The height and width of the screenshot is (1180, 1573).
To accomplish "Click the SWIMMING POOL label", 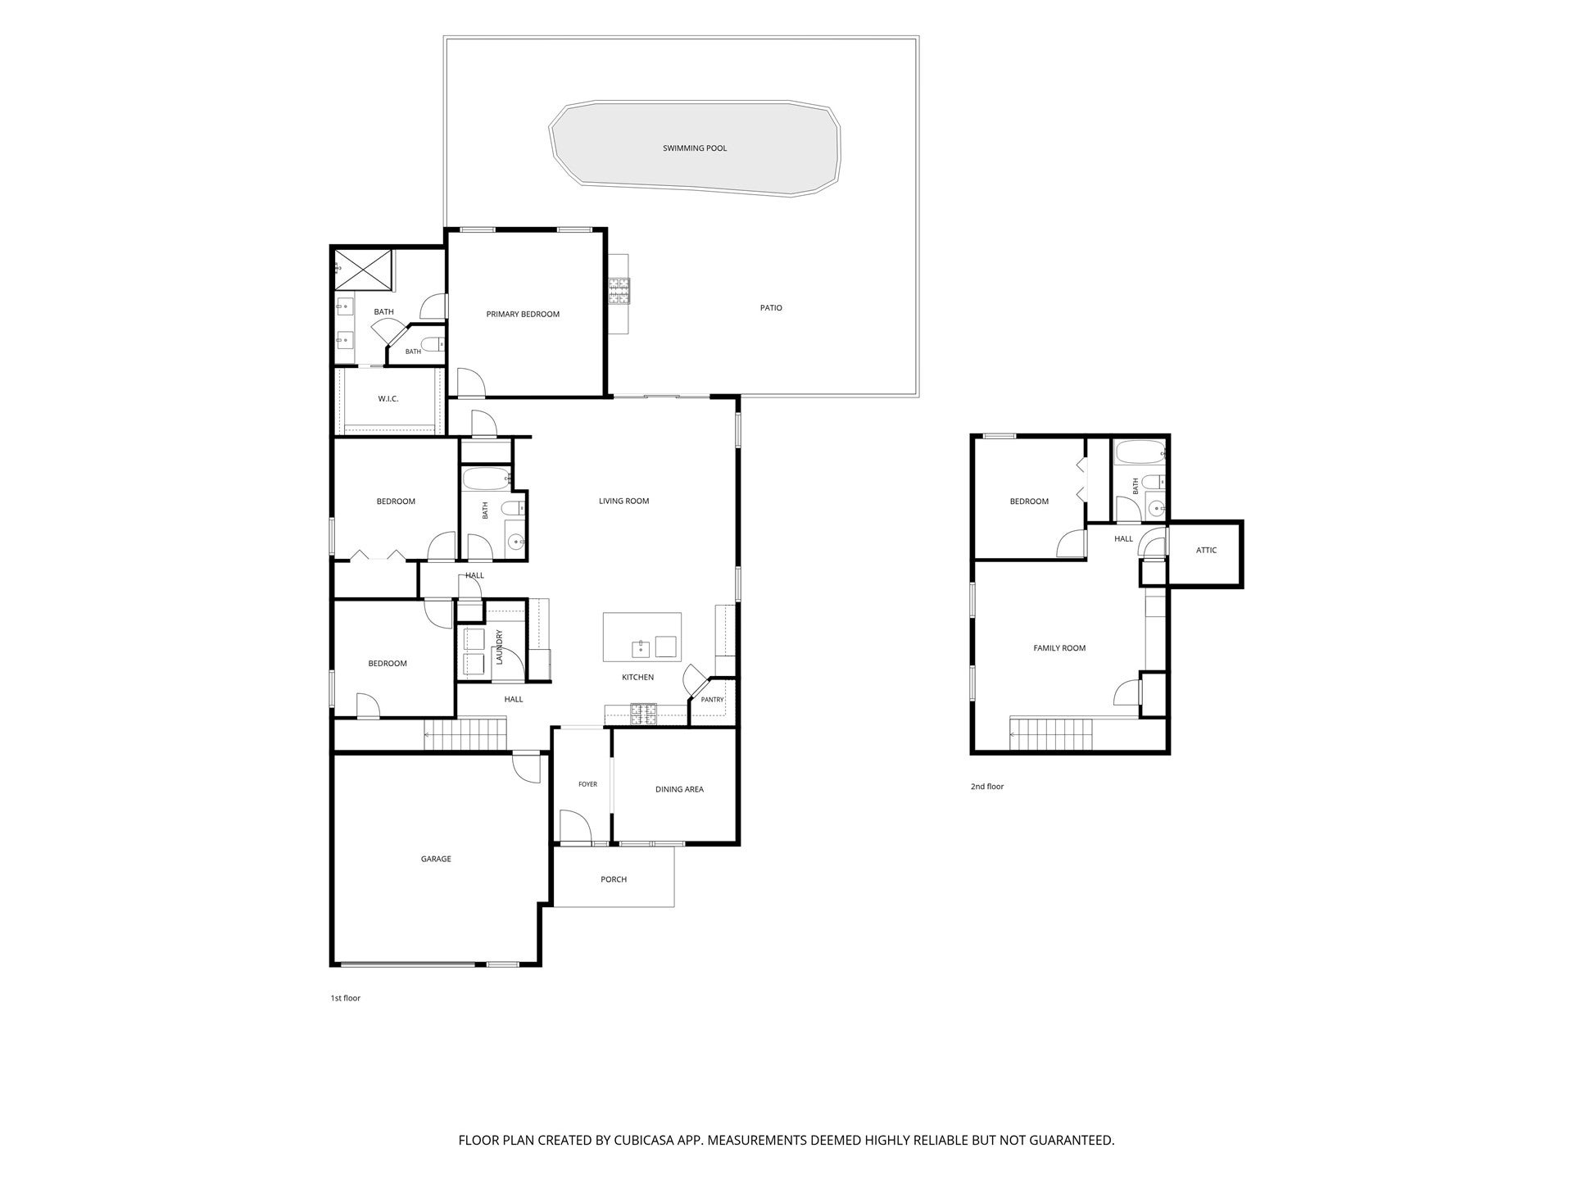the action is (695, 148).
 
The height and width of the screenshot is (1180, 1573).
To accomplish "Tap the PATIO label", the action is (771, 308).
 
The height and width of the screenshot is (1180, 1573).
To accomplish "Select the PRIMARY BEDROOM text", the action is (523, 314).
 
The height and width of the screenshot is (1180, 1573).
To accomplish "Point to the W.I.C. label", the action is (388, 399).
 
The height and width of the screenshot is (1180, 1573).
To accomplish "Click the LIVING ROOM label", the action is (623, 501).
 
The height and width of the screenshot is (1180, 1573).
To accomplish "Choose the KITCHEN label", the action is (637, 677).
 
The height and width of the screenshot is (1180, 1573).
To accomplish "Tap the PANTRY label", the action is (712, 700).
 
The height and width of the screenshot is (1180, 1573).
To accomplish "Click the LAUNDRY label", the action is (498, 646).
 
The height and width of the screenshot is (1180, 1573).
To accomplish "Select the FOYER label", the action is (587, 784).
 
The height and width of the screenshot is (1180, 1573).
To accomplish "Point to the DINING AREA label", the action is (679, 789).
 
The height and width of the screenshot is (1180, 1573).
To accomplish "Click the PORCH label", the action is (614, 879).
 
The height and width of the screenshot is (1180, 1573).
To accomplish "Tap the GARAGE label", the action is (436, 859).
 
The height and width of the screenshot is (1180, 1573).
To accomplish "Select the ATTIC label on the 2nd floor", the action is (1206, 550).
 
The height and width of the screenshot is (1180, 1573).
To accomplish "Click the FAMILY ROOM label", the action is (1059, 648).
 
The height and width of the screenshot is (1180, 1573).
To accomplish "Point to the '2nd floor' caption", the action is (987, 787).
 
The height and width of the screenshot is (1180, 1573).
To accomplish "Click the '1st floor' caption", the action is (345, 998).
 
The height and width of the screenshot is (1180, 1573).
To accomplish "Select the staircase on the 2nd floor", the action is (1052, 733).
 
